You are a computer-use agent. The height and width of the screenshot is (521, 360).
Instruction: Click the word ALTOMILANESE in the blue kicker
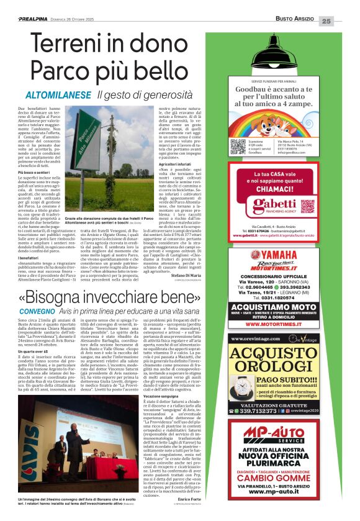pyautogui.click(x=59, y=96)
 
